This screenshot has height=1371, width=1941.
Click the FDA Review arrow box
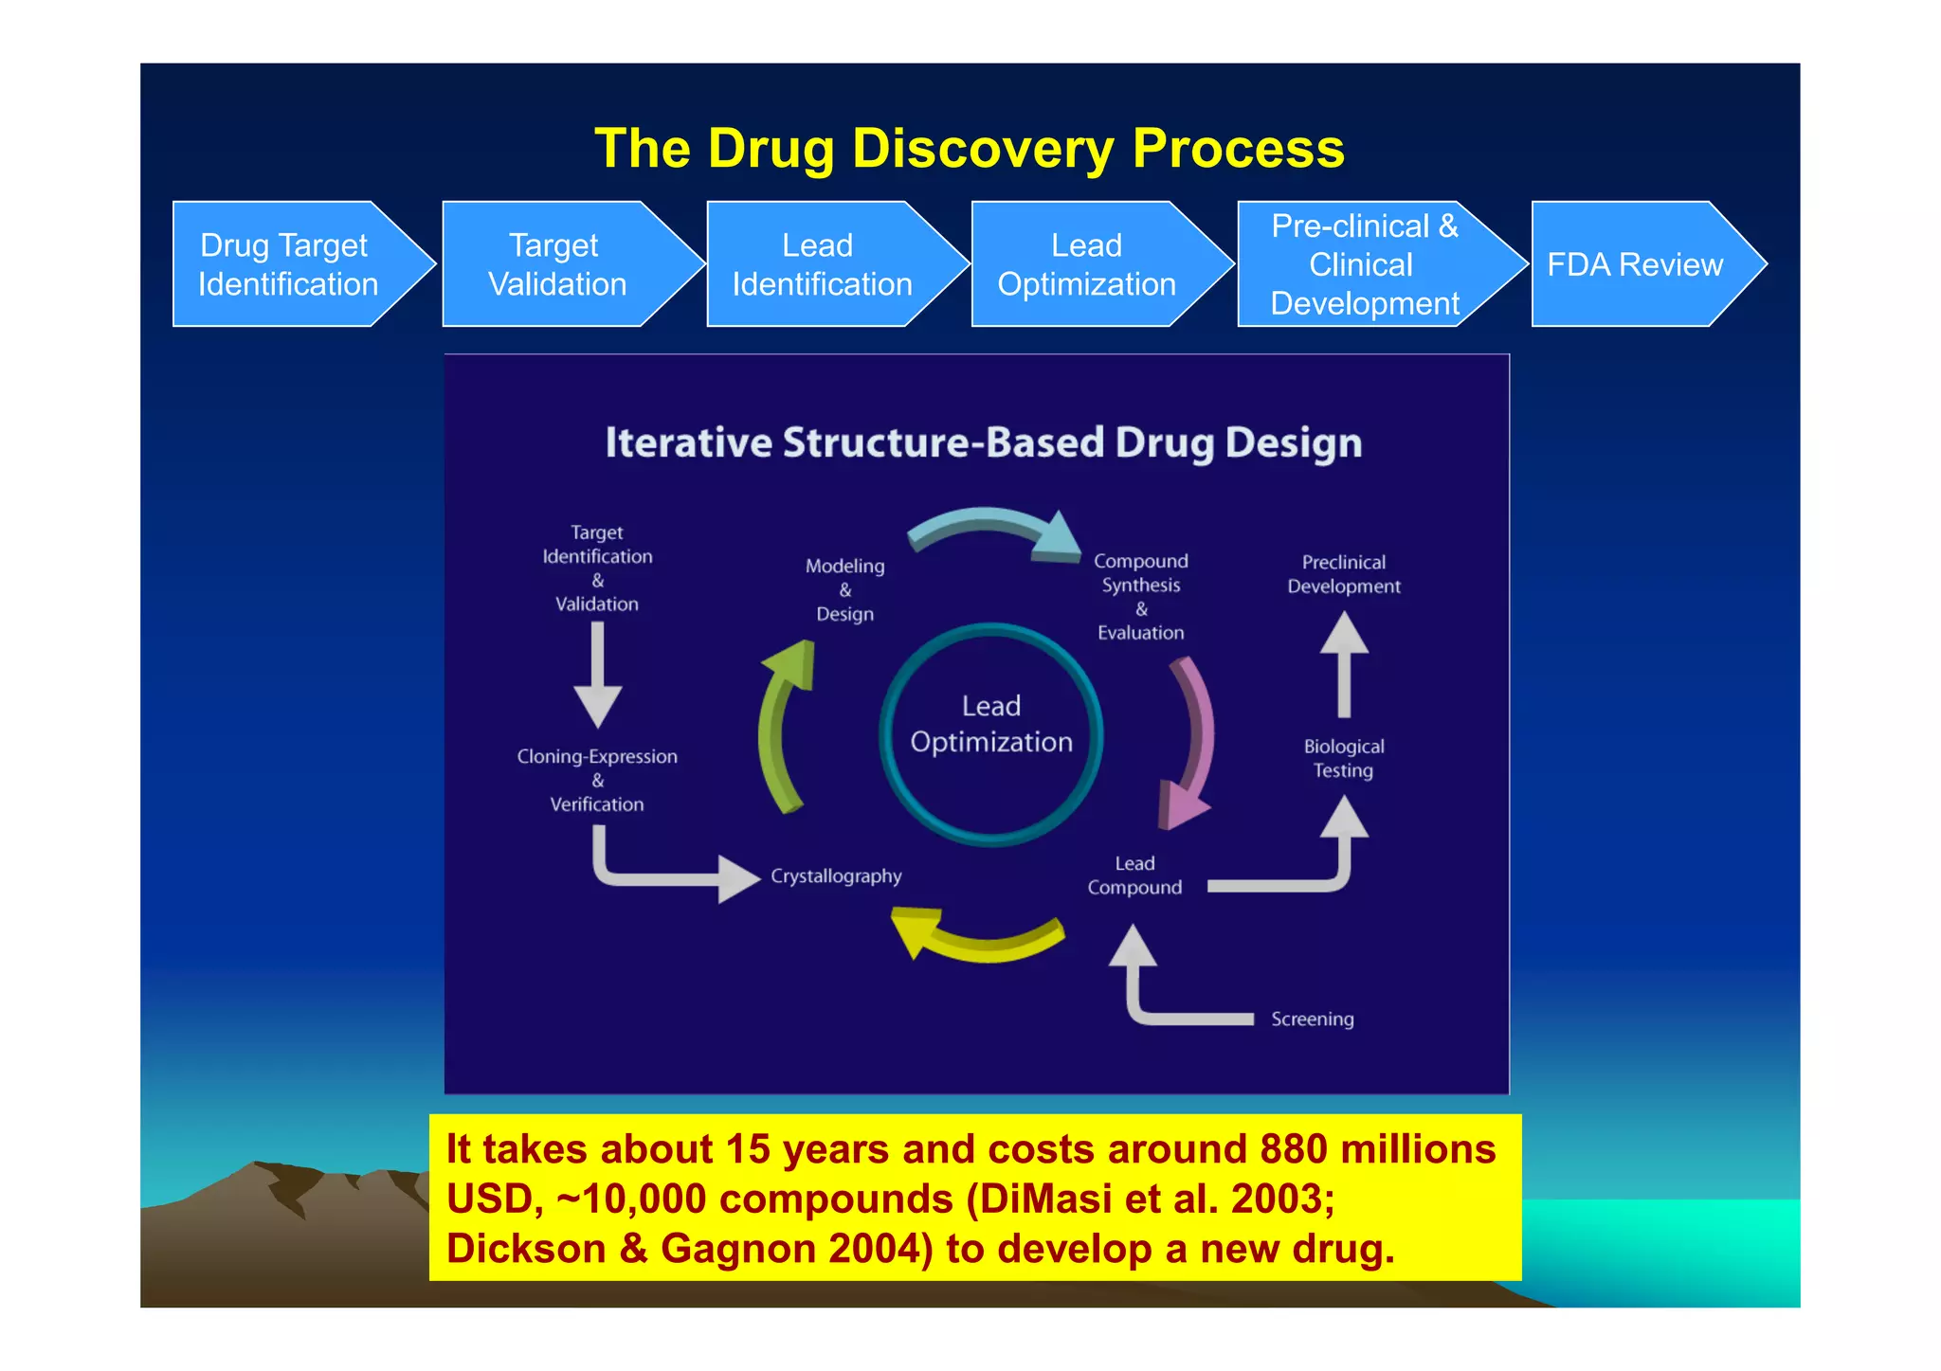click(1635, 264)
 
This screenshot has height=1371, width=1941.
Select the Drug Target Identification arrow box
click(288, 264)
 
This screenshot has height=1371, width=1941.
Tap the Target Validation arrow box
click(557, 264)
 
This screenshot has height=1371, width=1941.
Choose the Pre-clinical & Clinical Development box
click(1364, 264)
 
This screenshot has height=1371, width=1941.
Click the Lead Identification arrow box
click(822, 264)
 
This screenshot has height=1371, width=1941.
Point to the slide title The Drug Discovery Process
click(969, 149)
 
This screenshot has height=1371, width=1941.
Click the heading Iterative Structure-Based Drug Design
click(983, 442)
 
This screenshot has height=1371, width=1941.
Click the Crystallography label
click(836, 876)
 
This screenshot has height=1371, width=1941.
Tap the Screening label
click(1312, 1019)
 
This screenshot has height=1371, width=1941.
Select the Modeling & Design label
click(844, 589)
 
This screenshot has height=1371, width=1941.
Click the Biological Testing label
click(1343, 758)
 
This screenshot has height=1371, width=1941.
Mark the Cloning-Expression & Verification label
click(597, 780)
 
